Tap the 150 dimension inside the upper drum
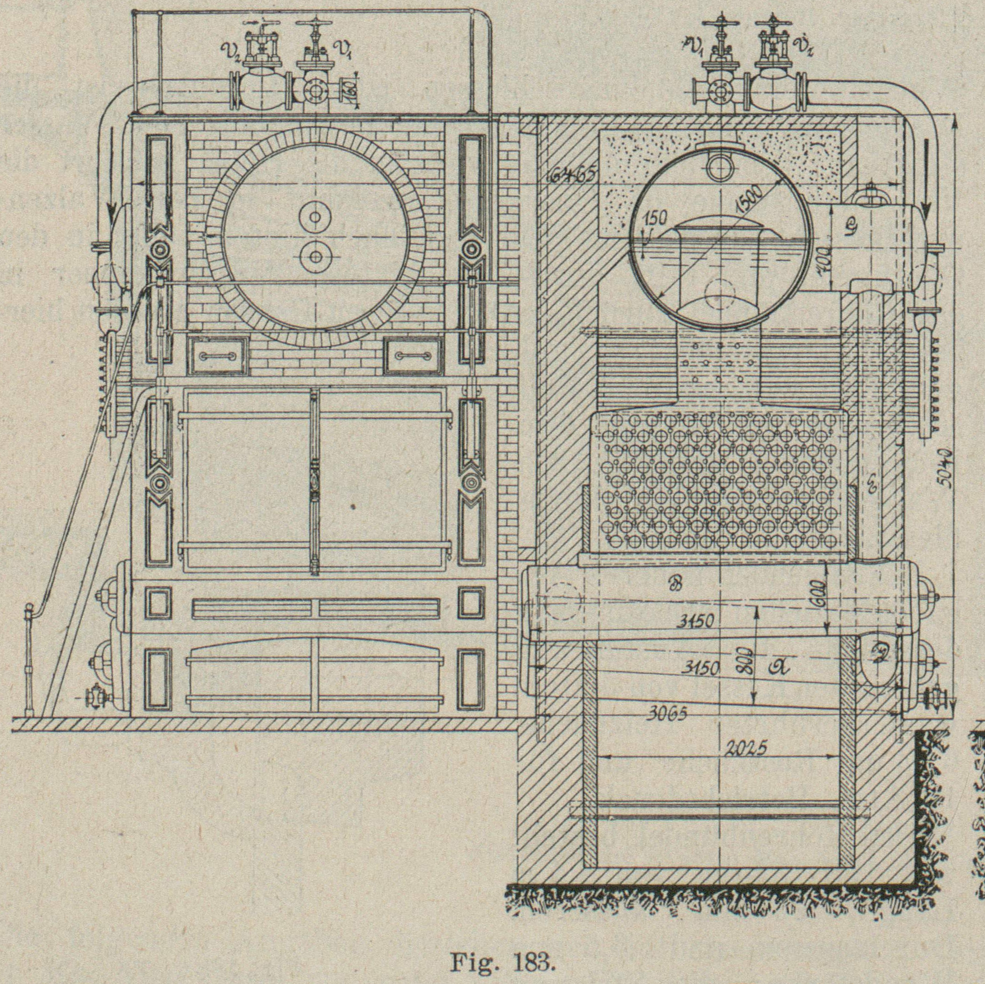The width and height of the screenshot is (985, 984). [654, 219]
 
